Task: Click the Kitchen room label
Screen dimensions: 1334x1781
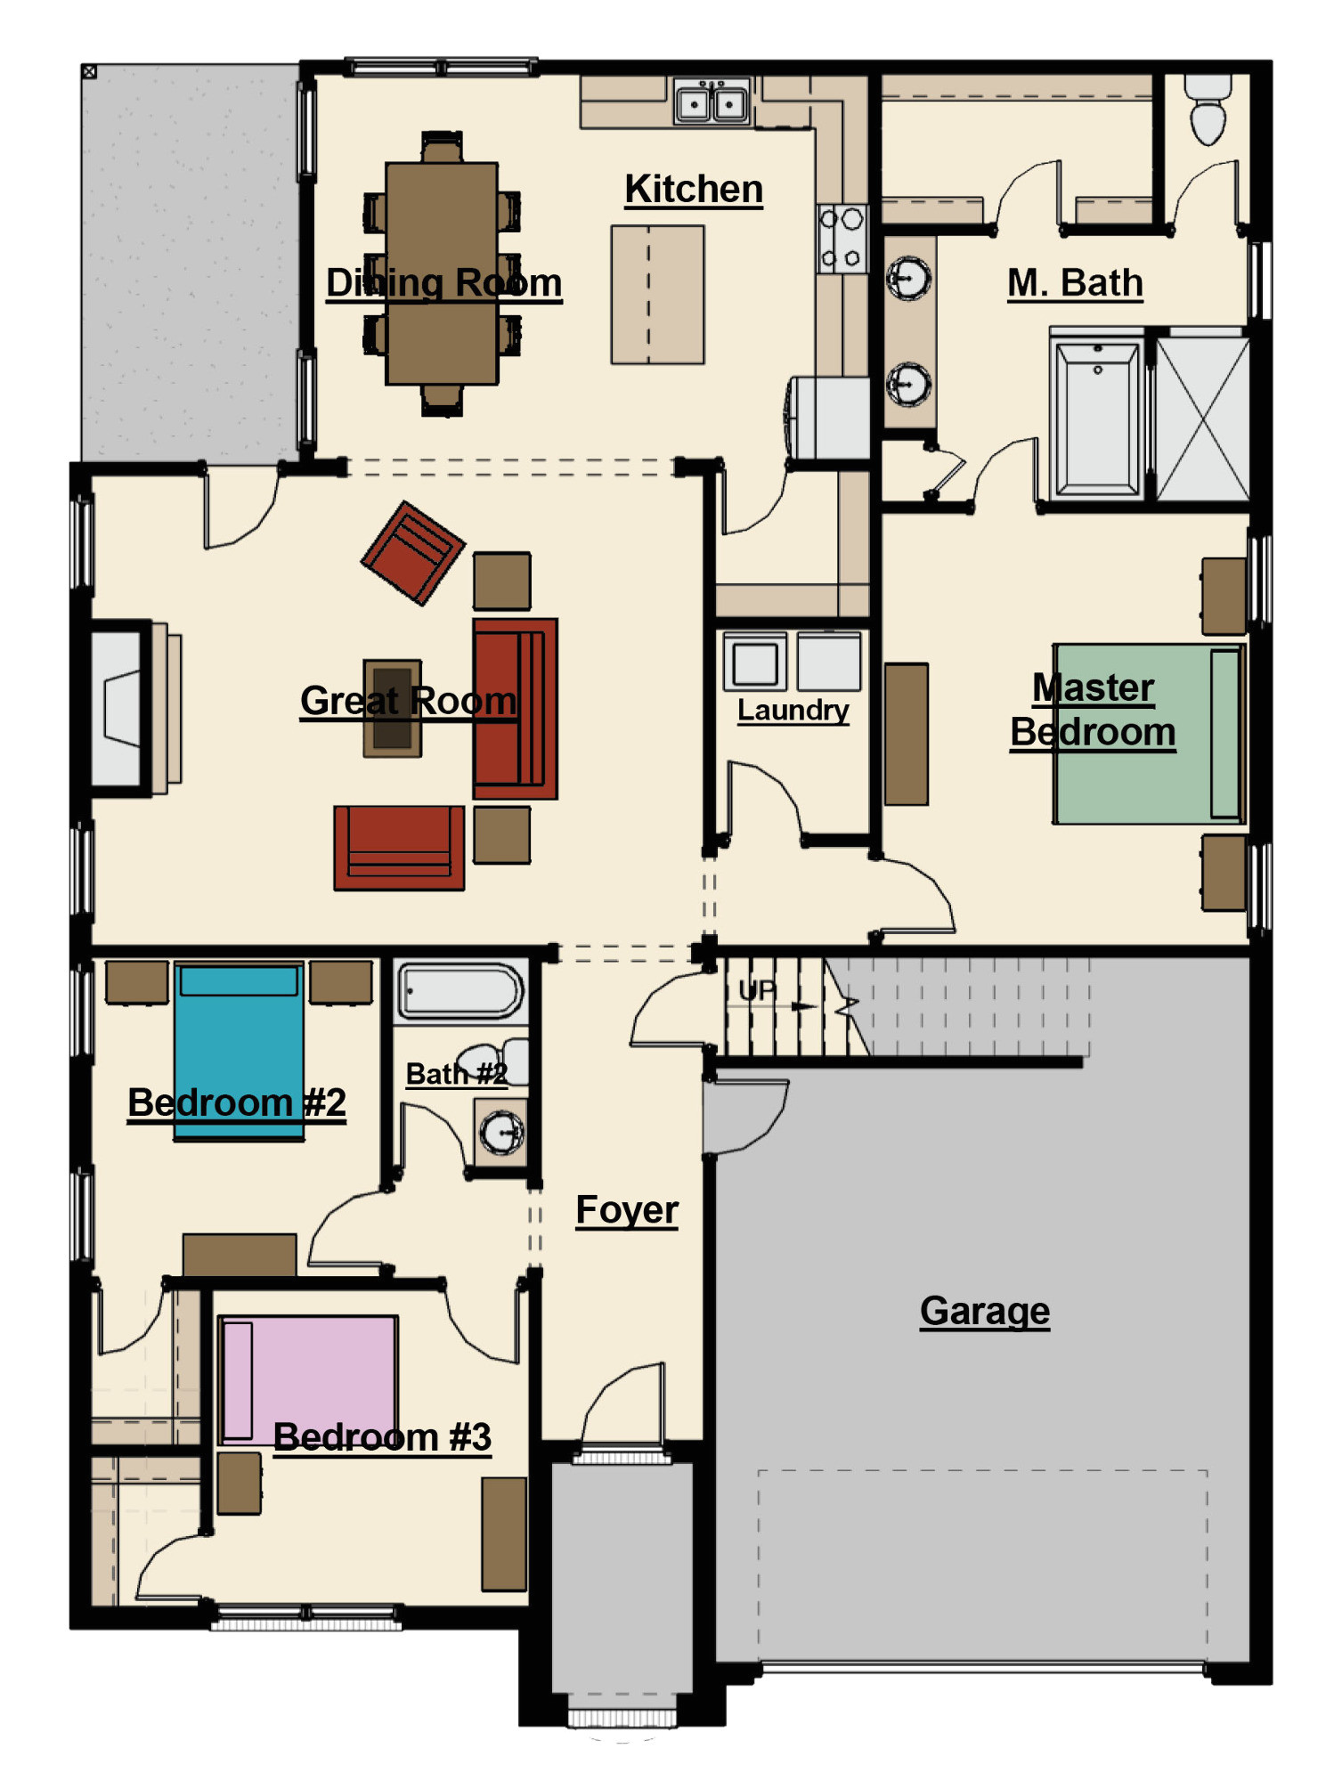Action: click(694, 189)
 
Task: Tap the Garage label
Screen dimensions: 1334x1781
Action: click(985, 1311)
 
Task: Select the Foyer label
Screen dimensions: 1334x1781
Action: click(627, 1210)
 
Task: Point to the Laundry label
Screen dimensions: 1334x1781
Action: click(793, 711)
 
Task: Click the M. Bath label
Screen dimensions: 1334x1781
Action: click(1075, 283)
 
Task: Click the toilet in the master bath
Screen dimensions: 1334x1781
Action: click(1208, 109)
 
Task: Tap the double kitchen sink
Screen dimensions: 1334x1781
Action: click(712, 102)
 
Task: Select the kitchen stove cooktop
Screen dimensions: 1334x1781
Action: click(842, 239)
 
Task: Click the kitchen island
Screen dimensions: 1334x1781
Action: click(657, 295)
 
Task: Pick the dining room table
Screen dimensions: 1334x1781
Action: click(442, 273)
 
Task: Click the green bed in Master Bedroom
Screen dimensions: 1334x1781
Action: click(1149, 734)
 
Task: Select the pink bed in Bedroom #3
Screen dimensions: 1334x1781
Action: click(308, 1380)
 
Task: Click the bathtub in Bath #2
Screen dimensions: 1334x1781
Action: click(460, 990)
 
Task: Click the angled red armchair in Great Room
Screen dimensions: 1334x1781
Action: click(412, 553)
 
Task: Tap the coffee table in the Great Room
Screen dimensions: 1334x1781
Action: click(392, 709)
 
